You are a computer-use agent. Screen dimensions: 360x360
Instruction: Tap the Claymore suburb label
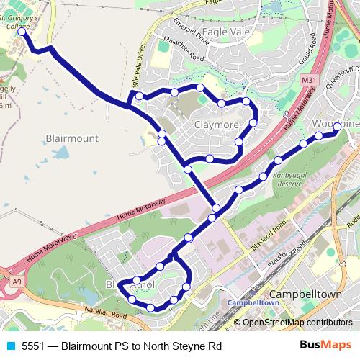[216, 125]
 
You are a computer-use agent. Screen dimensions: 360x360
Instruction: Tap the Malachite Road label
[184, 50]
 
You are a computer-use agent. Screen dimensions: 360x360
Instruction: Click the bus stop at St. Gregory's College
[22, 32]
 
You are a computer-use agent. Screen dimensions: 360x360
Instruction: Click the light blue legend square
[9, 346]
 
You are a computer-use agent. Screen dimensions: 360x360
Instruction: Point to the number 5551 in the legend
[33, 346]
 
